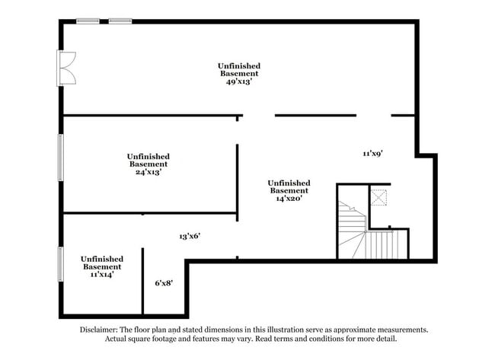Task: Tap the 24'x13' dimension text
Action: pyautogui.click(x=148, y=172)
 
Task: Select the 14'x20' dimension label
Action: pyautogui.click(x=289, y=199)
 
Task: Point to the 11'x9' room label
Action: pyautogui.click(x=372, y=154)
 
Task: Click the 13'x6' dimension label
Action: pyautogui.click(x=189, y=236)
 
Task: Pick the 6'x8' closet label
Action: pyautogui.click(x=164, y=283)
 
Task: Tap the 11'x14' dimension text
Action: pyautogui.click(x=101, y=276)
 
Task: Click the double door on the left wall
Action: pyautogui.click(x=67, y=68)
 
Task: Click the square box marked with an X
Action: pyautogui.click(x=379, y=198)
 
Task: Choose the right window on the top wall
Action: pyautogui.click(x=120, y=21)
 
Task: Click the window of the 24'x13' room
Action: pyautogui.click(x=61, y=158)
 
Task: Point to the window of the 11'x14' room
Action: pyautogui.click(x=61, y=264)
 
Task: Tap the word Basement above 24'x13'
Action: pyautogui.click(x=148, y=164)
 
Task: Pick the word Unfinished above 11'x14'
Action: pyautogui.click(x=101, y=259)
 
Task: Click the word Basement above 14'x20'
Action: pyautogui.click(x=289, y=190)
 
